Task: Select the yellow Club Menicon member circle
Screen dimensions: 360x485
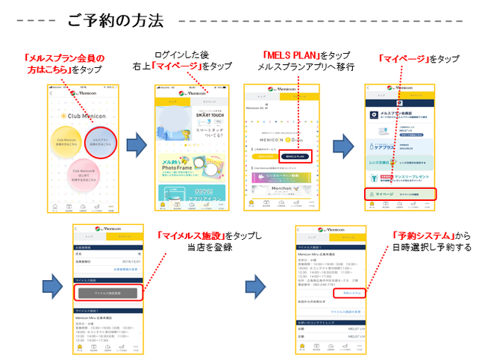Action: pos(72,142)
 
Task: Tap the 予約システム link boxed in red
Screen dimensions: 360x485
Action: pos(351,294)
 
